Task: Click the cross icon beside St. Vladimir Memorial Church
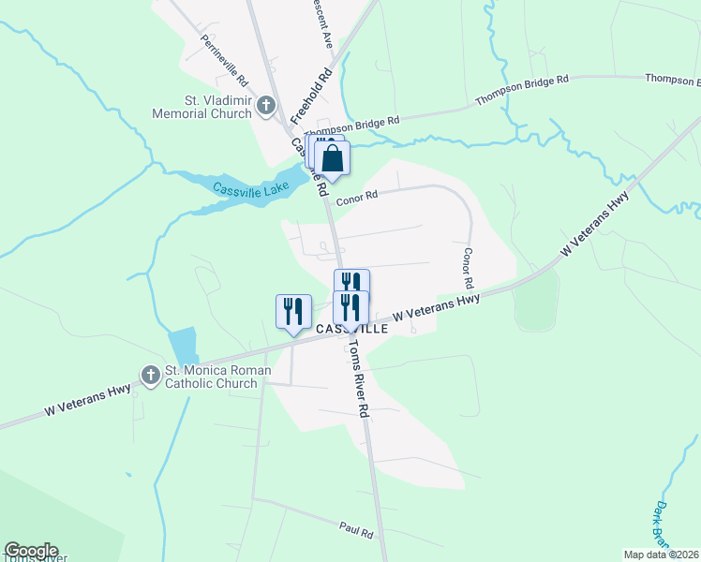(x=265, y=106)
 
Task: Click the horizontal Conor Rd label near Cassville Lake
(x=357, y=196)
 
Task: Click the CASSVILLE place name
(x=351, y=330)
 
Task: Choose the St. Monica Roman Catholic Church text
(x=218, y=377)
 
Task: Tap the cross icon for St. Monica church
(x=150, y=376)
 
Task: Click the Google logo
(x=31, y=551)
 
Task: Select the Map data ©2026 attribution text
(x=661, y=555)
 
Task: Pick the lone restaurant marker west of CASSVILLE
(x=293, y=312)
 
